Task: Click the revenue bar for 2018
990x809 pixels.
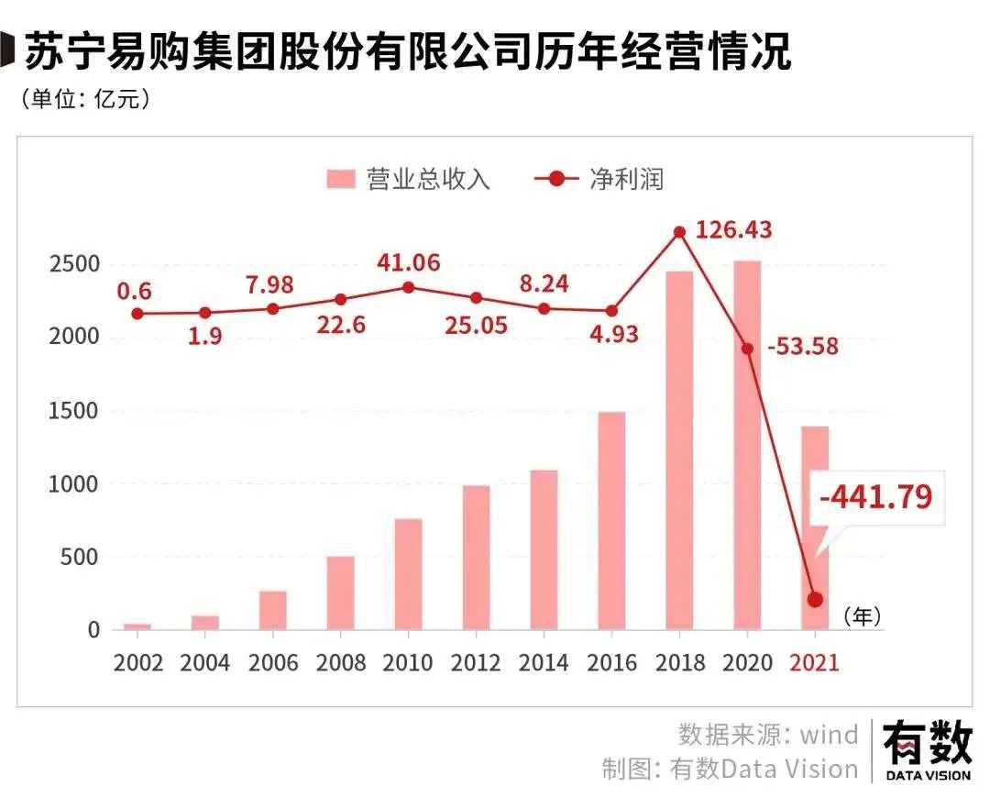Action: coord(679,449)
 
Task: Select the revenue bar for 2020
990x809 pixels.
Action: coord(747,445)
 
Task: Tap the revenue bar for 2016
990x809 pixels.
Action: coord(611,520)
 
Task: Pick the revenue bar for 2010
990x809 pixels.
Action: coord(409,574)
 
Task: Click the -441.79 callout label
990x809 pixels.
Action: coord(875,496)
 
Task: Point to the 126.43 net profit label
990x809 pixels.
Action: coord(733,229)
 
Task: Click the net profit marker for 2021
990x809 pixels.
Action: coord(815,600)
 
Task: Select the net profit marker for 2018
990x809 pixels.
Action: coord(679,232)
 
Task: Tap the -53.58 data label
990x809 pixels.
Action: coord(803,347)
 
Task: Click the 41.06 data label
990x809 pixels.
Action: coord(409,262)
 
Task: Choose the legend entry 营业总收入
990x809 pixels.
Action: coord(409,179)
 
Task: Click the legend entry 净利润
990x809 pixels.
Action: coord(600,179)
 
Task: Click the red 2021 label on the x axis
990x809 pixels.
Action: coord(815,662)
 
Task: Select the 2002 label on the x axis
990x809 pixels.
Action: coord(138,662)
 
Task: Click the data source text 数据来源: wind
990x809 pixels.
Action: coord(768,734)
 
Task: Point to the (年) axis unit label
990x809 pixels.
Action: coord(862,617)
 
